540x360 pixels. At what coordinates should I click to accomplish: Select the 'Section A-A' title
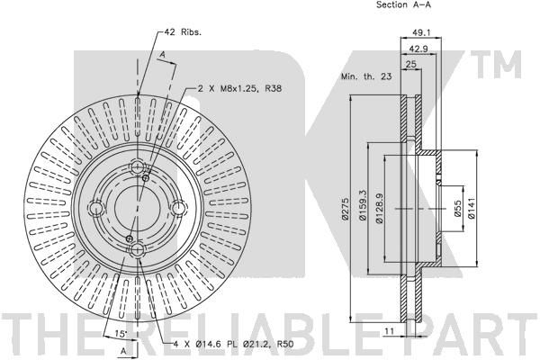point(403,4)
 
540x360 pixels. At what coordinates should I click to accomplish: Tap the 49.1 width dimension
point(420,32)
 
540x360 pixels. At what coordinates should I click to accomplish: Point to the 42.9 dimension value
point(418,49)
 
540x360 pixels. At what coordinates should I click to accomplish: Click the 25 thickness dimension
point(411,64)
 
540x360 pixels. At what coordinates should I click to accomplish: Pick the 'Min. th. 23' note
point(366,76)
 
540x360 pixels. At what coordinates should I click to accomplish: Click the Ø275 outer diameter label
point(346,209)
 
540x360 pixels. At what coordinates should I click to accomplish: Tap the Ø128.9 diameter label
point(379,208)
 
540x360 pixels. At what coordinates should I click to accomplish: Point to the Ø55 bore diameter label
point(457,209)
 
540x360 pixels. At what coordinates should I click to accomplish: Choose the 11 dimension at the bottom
point(389,331)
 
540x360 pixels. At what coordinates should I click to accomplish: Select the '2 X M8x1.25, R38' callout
point(239,88)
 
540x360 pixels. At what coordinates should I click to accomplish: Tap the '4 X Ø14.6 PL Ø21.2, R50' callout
point(229,344)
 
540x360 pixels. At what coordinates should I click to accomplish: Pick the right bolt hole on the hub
point(179,208)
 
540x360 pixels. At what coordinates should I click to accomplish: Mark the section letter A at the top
point(163,54)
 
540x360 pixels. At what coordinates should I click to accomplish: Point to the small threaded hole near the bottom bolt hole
point(130,238)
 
